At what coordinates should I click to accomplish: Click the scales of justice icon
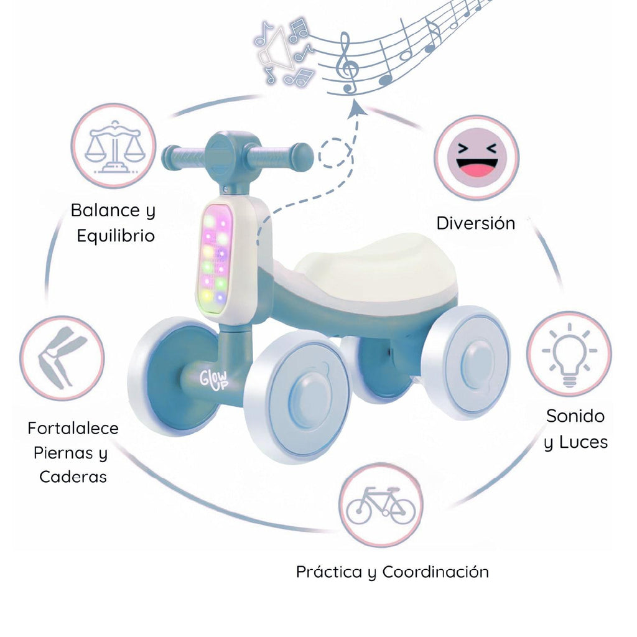tap(113, 146)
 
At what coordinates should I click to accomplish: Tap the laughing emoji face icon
tap(477, 157)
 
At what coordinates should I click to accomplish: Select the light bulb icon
tap(569, 354)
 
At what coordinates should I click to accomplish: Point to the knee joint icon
tap(61, 358)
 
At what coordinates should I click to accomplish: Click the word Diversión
tap(475, 223)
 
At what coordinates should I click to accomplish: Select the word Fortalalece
tap(73, 429)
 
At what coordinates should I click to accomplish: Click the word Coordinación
tap(435, 572)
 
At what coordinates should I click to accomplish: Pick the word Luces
tap(582, 442)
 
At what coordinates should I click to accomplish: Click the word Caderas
tap(73, 477)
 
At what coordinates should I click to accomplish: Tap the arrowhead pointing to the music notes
tap(356, 109)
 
